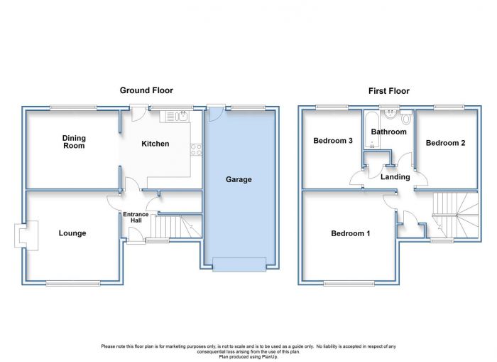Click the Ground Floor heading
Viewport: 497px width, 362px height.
pyautogui.click(x=146, y=90)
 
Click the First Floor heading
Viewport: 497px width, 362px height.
pyautogui.click(x=389, y=91)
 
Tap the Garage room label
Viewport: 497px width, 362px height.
pyautogui.click(x=239, y=179)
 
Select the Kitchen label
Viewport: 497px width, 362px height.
pyautogui.click(x=155, y=144)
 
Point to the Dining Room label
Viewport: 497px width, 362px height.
pyautogui.click(x=74, y=142)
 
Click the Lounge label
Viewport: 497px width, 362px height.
pyautogui.click(x=72, y=233)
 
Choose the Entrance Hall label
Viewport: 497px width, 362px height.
pyautogui.click(x=136, y=217)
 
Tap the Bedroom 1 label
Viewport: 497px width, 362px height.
pyautogui.click(x=350, y=233)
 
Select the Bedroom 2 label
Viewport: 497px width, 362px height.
pyautogui.click(x=445, y=143)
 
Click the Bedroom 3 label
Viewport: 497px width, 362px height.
pyautogui.click(x=333, y=140)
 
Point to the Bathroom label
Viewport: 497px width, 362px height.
pyautogui.click(x=388, y=132)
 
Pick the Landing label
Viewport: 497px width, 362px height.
pyautogui.click(x=395, y=177)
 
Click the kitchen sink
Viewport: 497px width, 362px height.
pyautogui.click(x=182, y=116)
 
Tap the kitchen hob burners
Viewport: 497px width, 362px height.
pyautogui.click(x=196, y=150)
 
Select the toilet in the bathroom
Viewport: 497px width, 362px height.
pyautogui.click(x=405, y=117)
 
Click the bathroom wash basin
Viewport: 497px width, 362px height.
pyautogui.click(x=389, y=115)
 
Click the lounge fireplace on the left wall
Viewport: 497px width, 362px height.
pyautogui.click(x=26, y=235)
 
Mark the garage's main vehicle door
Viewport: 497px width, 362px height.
pyautogui.click(x=239, y=265)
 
